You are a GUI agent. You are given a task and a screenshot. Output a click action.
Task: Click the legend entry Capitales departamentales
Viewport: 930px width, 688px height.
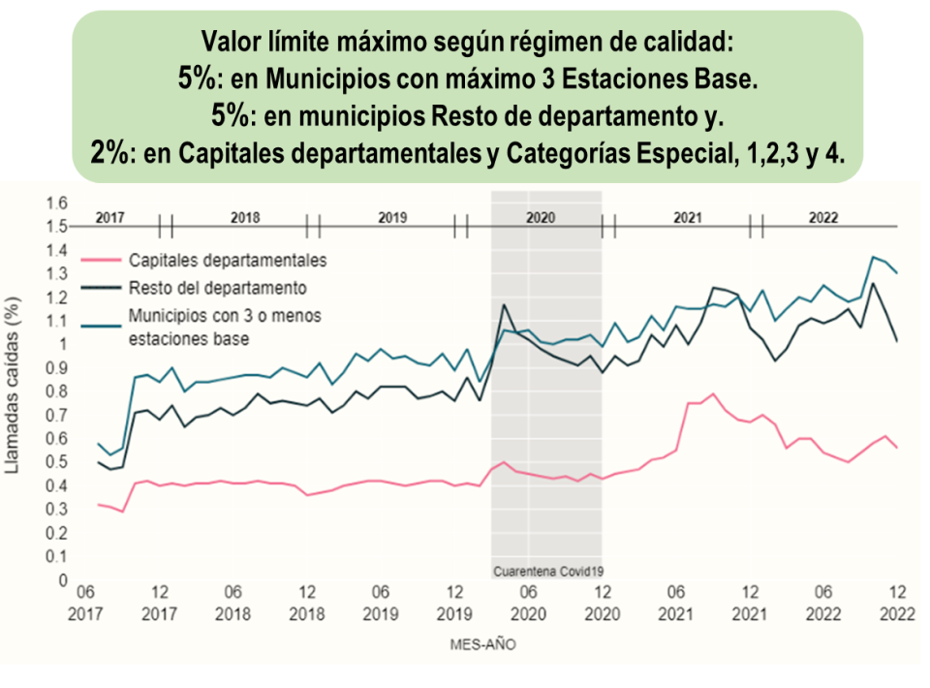click(x=228, y=261)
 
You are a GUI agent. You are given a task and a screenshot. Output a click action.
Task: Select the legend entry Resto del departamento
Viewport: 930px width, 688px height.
click(x=217, y=288)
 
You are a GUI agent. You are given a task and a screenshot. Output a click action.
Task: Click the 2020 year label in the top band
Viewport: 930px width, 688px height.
click(x=540, y=218)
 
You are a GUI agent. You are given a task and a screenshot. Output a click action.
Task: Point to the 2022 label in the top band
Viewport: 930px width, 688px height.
click(x=823, y=218)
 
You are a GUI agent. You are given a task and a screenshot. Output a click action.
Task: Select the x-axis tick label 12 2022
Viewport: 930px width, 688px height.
click(x=898, y=604)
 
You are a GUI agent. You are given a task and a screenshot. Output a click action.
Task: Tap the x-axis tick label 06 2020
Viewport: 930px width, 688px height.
click(x=528, y=604)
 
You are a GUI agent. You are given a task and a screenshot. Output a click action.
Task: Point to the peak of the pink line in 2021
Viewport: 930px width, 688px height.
click(x=713, y=393)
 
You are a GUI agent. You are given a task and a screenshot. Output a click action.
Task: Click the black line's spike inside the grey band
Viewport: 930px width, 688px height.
click(x=504, y=305)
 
